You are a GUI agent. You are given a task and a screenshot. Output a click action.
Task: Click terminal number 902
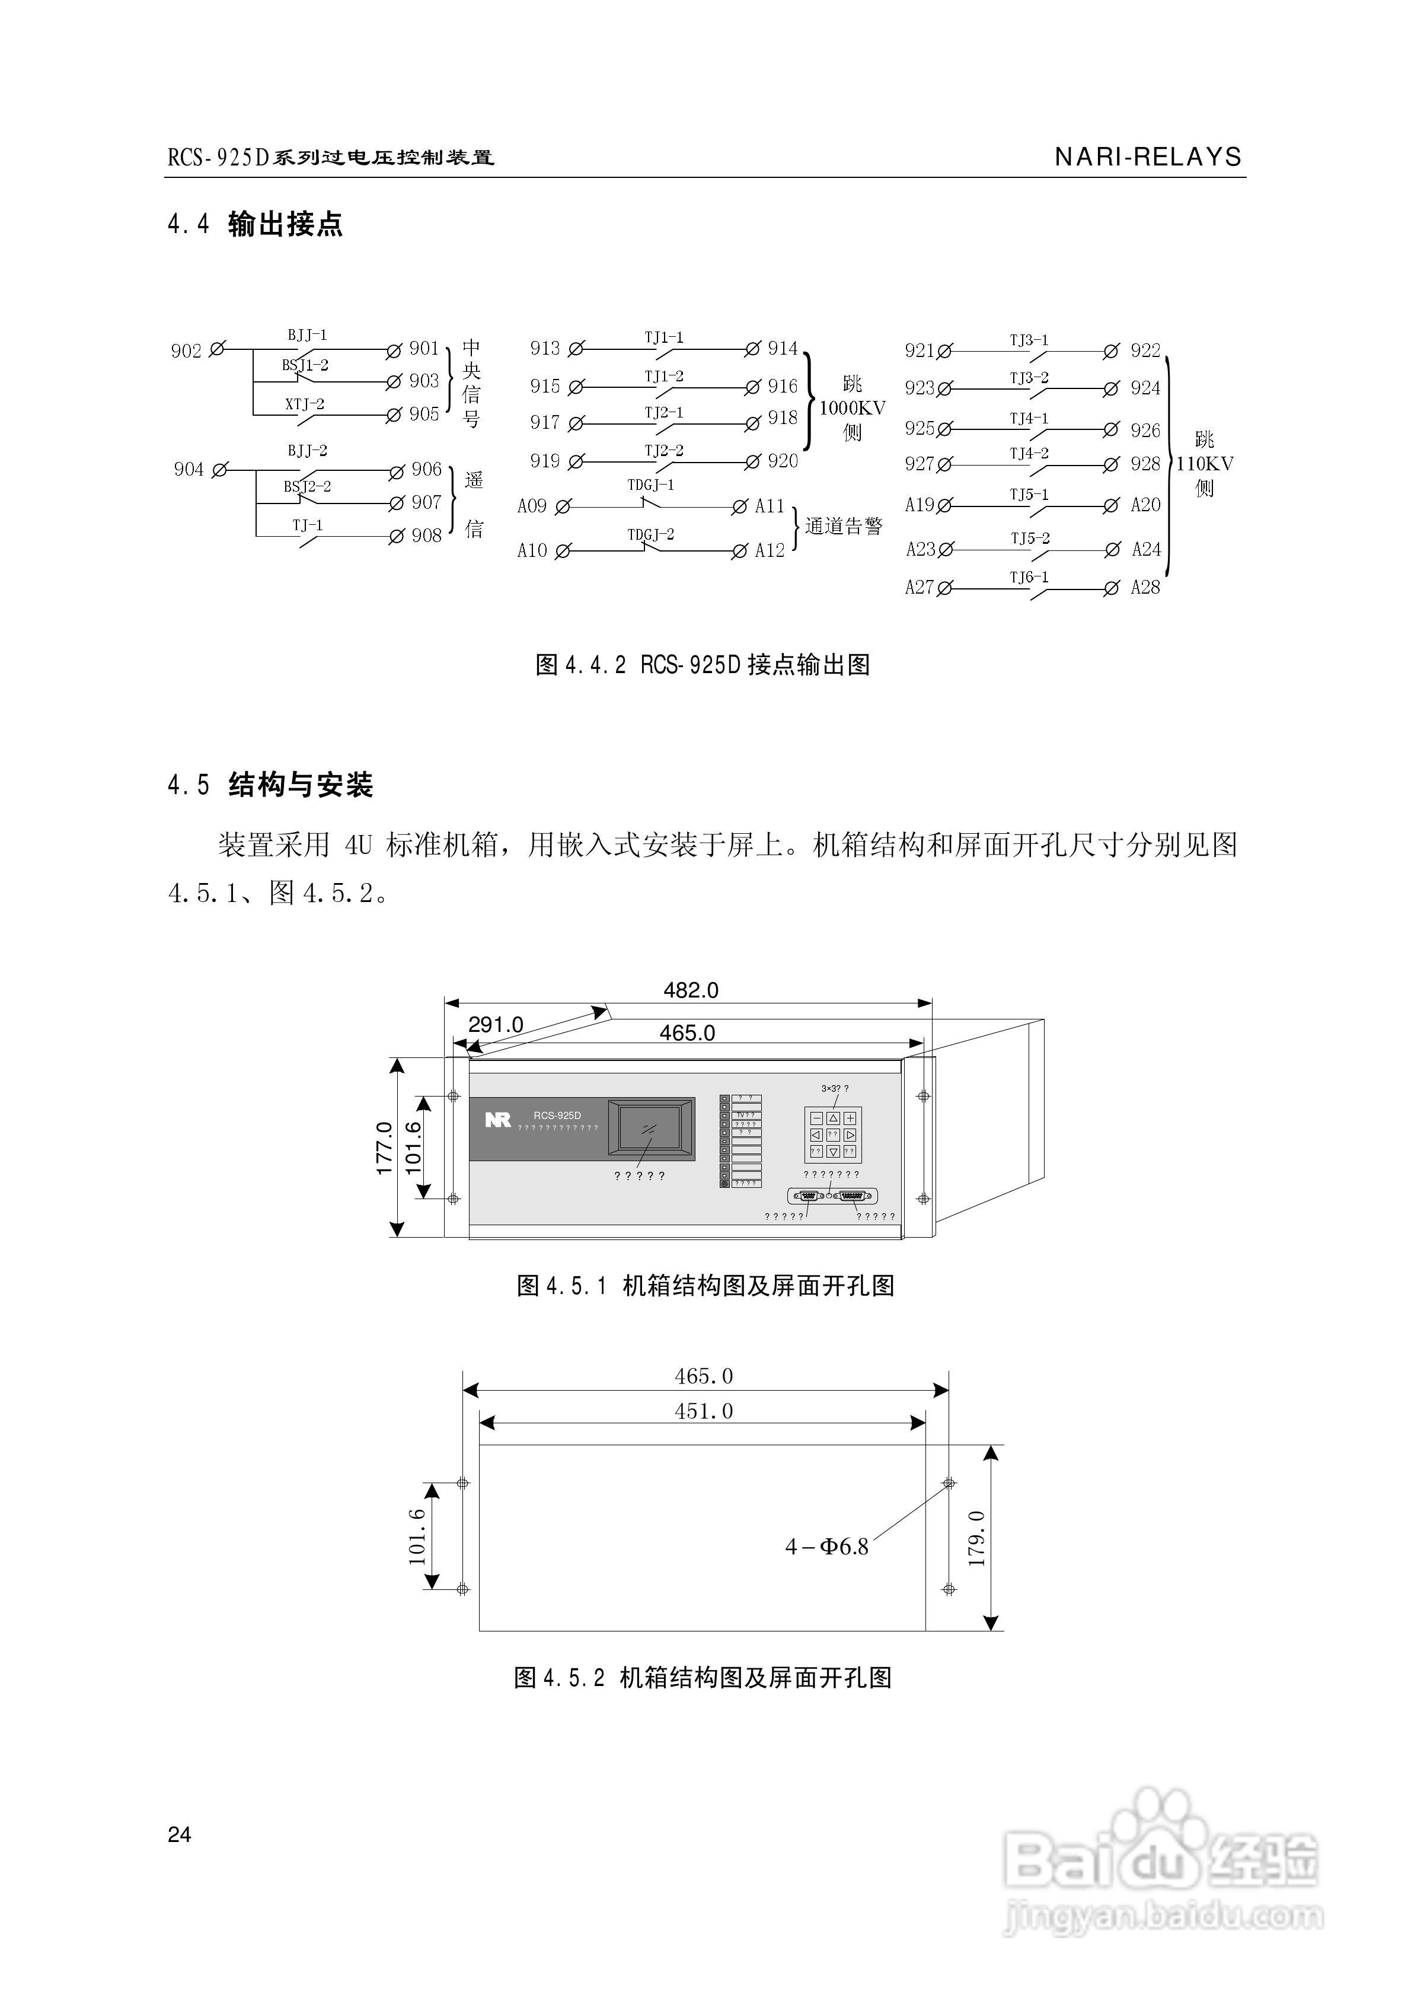pos(186,351)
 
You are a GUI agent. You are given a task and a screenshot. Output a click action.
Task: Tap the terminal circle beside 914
pos(752,349)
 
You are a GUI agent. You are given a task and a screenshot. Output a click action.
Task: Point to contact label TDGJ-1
pos(651,485)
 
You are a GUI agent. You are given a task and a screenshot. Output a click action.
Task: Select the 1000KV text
pos(853,409)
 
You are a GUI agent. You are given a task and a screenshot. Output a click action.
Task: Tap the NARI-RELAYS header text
pos(1148,157)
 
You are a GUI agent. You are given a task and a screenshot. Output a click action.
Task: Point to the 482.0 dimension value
pos(691,990)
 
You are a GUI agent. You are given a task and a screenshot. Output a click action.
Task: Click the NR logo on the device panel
pos(498,1120)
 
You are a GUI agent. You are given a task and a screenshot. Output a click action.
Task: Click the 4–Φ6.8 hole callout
pos(826,1547)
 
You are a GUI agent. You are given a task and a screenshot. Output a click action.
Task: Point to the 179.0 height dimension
pos(978,1538)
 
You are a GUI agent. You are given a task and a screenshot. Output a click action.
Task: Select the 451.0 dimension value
pos(704,1411)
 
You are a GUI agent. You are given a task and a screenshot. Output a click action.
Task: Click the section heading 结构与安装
pos(301,786)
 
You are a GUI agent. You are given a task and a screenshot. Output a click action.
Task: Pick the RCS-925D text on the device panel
pos(557,1116)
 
